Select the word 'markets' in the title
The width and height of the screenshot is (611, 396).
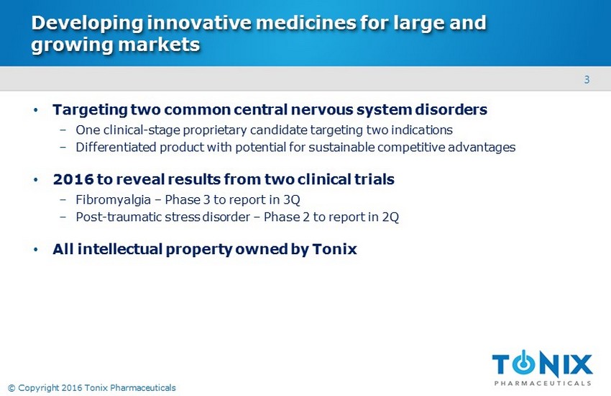[x=159, y=45]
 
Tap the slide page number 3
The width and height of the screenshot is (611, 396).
[x=587, y=80]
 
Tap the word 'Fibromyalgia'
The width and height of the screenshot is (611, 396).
[x=113, y=199]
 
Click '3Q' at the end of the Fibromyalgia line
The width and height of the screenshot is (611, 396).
[x=291, y=199]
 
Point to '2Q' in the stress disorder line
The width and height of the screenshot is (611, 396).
[x=390, y=217]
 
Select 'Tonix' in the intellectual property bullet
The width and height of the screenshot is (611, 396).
[x=335, y=249]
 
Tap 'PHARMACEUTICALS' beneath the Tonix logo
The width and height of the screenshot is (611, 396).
[x=543, y=383]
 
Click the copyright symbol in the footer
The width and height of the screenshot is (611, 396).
[x=12, y=388]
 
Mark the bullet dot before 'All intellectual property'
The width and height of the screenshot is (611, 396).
[x=36, y=249]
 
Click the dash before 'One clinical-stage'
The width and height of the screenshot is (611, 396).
[x=63, y=130]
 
